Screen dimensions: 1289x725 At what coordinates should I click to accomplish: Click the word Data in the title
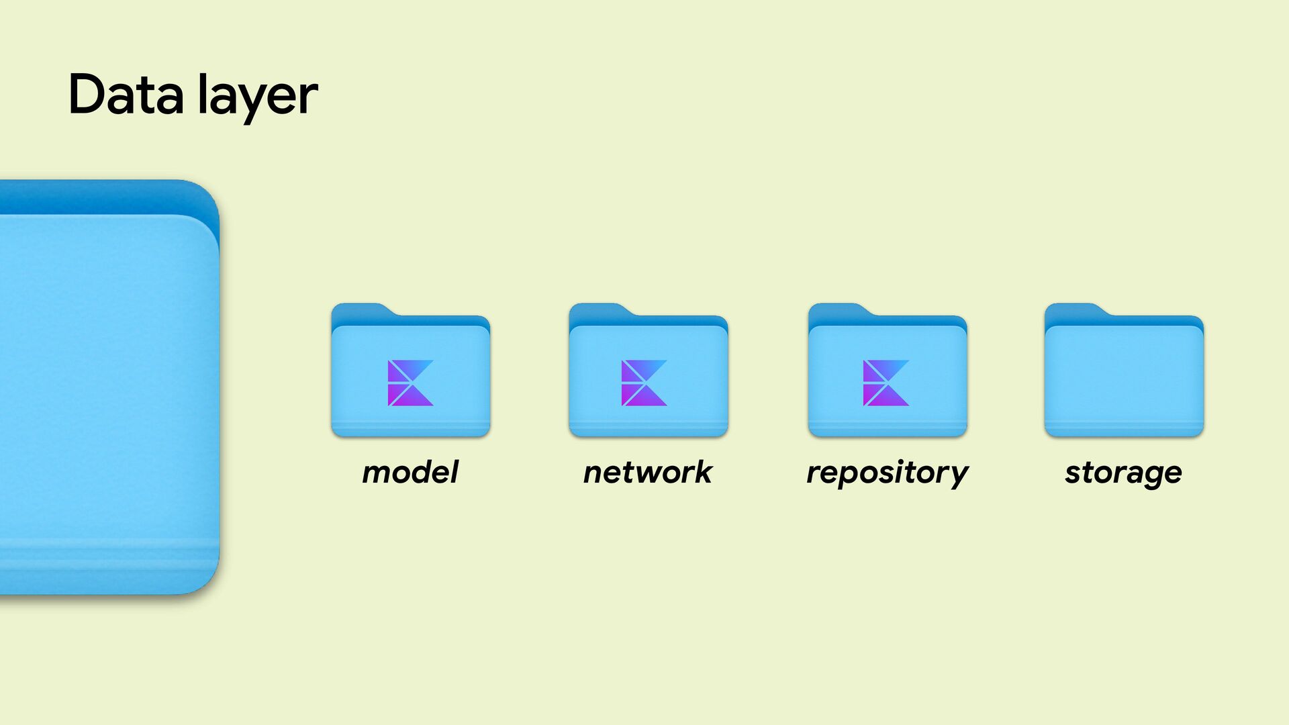(x=126, y=95)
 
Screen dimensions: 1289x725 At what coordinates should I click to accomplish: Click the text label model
(x=410, y=472)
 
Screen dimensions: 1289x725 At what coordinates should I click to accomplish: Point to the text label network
(x=648, y=472)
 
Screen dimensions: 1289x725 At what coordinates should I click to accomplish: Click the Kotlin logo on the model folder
(x=410, y=383)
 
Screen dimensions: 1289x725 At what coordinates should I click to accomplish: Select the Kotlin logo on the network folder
(x=644, y=383)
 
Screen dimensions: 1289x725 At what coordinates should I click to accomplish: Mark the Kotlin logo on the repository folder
(x=886, y=383)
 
